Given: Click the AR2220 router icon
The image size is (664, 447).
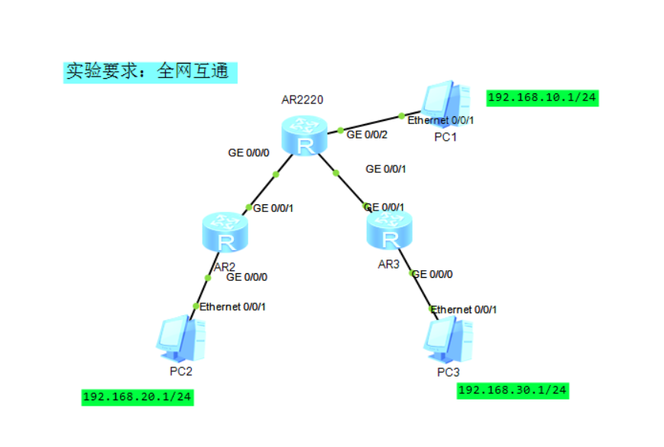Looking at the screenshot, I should pos(305,137).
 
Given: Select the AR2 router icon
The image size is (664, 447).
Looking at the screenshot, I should pos(226,234).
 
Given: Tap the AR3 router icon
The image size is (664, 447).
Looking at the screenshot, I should pos(390,230).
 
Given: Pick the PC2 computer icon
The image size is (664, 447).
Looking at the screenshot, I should pos(181,340).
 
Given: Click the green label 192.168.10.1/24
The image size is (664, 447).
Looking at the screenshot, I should pos(542,97).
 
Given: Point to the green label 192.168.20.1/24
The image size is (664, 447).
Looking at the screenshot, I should pos(138,397).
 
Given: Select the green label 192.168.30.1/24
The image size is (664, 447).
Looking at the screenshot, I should pos(513,390).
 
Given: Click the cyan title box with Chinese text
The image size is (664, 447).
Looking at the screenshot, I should pos(150,72).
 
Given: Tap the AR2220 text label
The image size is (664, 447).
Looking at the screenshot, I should pos(303,100).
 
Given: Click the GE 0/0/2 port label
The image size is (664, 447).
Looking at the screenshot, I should pos(367,135).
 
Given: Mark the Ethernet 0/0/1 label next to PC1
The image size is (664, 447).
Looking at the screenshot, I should pos(441,120).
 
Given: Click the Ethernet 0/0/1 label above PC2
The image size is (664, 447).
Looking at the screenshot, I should pos(232,306).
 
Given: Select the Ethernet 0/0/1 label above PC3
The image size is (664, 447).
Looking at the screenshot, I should pos(465,309).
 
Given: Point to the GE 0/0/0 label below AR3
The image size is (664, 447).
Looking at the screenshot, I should pos(432,273).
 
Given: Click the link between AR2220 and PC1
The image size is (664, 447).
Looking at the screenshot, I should pos(371,123).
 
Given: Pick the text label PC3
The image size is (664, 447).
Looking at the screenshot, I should pos(449,372).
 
